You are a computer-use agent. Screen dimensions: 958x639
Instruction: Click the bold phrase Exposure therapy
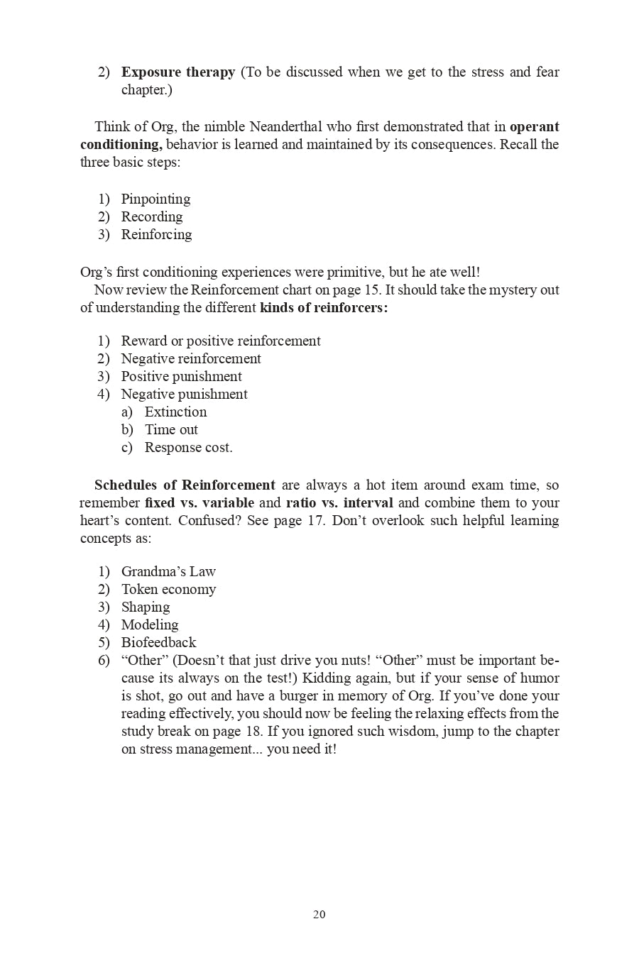click(177, 72)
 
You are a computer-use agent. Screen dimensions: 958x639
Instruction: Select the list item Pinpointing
click(155, 199)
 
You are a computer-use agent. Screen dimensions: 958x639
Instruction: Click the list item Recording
click(151, 217)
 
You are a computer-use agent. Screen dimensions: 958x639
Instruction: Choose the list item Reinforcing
click(156, 235)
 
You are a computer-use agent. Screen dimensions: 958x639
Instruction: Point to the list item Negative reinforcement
click(191, 359)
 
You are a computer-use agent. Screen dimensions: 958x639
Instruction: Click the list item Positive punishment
click(181, 377)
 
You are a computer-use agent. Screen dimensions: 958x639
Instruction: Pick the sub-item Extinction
click(175, 412)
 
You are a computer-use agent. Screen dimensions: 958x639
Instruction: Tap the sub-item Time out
click(171, 430)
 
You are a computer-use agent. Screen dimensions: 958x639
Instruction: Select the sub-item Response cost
click(188, 448)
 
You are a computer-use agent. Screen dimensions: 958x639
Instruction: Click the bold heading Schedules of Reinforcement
click(185, 485)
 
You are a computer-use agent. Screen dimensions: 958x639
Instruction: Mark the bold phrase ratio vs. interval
click(339, 503)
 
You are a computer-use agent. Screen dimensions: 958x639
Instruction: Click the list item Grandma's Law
click(168, 572)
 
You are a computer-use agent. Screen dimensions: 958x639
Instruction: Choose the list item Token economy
click(168, 590)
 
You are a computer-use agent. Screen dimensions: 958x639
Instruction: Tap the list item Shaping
click(146, 607)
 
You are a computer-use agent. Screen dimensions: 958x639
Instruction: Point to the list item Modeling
click(150, 625)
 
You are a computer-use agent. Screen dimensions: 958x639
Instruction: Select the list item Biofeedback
click(158, 643)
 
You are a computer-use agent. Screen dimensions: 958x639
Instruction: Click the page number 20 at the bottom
click(319, 915)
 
